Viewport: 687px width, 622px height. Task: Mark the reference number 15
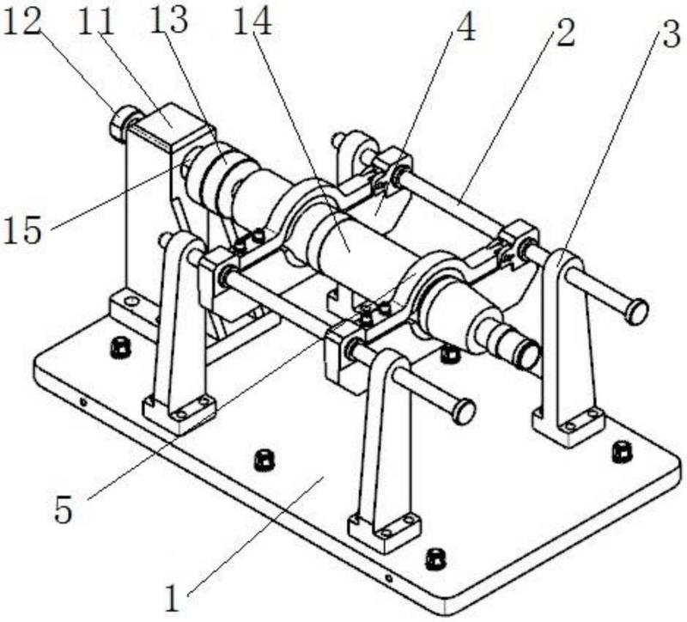23,229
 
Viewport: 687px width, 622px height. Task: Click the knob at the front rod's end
464,412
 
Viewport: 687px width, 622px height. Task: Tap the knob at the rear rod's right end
635,311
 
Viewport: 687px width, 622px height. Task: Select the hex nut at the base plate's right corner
622,450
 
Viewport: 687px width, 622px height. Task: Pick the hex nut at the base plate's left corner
120,346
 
